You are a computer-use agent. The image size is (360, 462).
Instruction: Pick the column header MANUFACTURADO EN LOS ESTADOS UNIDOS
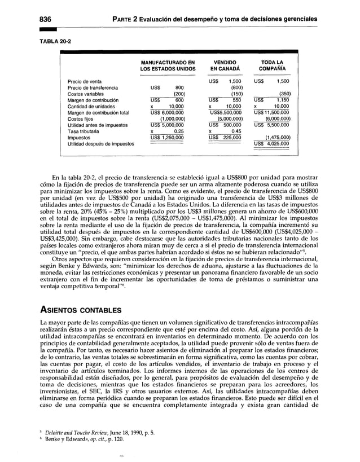coord(168,66)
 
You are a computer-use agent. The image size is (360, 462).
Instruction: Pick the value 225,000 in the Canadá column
coord(230,137)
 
